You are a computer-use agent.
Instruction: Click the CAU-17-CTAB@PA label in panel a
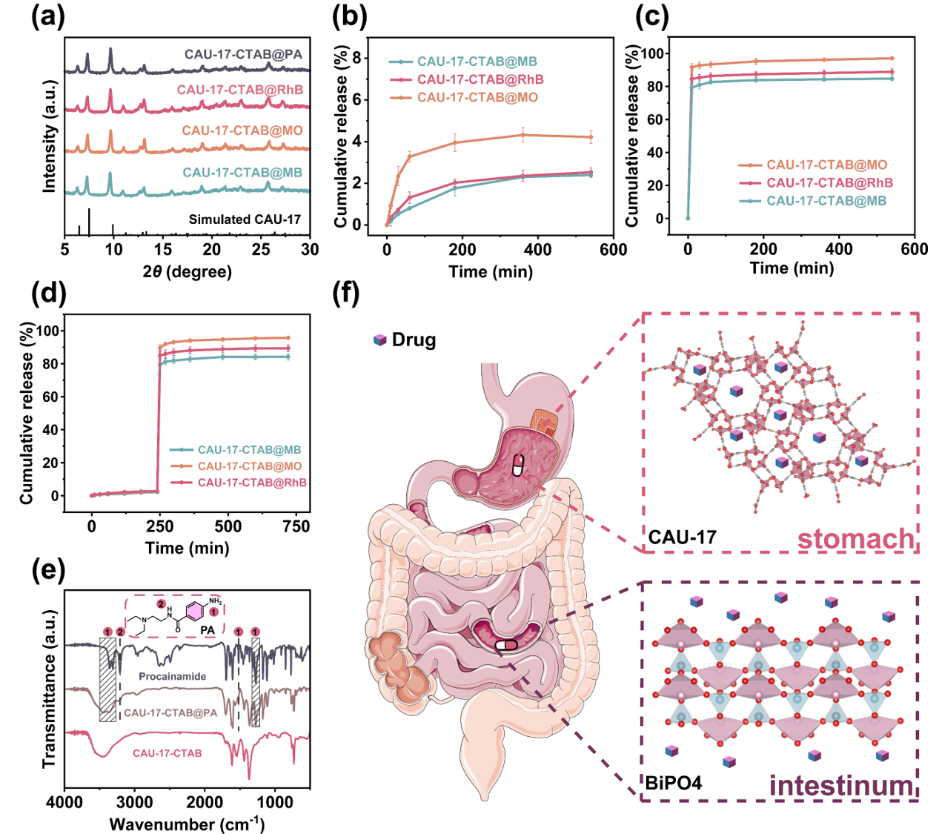point(243,55)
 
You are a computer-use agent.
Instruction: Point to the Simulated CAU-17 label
point(245,219)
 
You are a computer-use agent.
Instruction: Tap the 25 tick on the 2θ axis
point(261,250)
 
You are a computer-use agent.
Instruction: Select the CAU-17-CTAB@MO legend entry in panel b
point(477,98)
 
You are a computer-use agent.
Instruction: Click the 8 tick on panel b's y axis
point(356,58)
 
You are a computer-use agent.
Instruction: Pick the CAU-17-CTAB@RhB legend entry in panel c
point(829,183)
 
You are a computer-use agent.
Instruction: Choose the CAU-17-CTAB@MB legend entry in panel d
point(249,450)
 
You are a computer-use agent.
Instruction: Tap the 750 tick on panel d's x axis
point(296,527)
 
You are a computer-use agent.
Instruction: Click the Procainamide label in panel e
point(172,677)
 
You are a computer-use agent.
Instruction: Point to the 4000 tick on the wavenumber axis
point(64,802)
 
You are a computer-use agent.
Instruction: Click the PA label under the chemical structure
point(208,630)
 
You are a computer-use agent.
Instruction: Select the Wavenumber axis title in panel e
point(187,824)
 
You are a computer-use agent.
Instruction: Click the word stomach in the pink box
point(856,539)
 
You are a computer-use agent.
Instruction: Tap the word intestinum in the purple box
point(841,786)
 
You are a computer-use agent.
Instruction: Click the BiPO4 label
point(672,783)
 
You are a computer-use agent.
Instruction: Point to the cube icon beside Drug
point(380,340)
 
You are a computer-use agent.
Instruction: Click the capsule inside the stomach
point(518,466)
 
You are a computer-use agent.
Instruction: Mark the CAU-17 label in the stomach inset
point(682,537)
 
